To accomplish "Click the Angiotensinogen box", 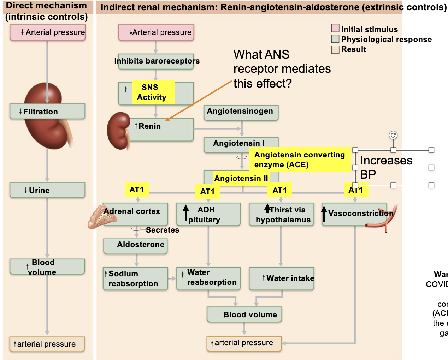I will click(x=241, y=113).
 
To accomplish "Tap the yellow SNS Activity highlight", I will click(x=153, y=92).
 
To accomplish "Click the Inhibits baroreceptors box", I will click(x=156, y=61).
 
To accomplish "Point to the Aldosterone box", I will click(x=136, y=246).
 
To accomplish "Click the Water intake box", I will click(x=282, y=279).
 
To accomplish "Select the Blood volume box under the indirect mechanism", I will click(x=244, y=314).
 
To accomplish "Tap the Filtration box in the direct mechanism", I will click(x=47, y=112).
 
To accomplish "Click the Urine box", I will click(x=47, y=190).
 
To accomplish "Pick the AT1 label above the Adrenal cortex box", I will click(x=137, y=190).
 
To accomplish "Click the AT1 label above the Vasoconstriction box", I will click(x=356, y=190).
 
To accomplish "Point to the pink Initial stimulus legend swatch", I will click(x=335, y=28).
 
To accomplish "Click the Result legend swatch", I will click(x=335, y=49).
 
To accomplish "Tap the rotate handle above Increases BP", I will click(x=393, y=135).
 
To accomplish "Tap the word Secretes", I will click(x=163, y=230).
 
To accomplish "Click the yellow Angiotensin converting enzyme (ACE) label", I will click(x=300, y=160).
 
